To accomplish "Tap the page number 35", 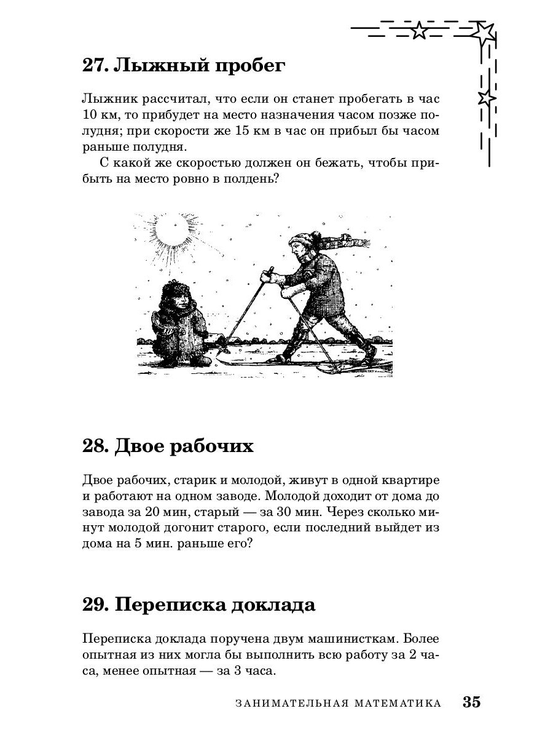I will tap(472, 702).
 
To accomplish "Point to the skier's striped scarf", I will tap(344, 242).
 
